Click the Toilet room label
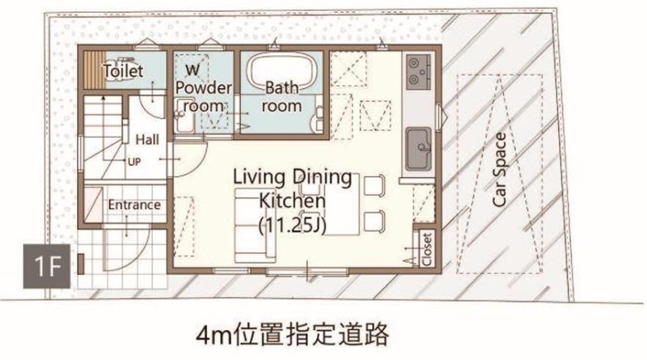point(123,71)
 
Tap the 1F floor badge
point(47,266)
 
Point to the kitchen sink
point(418,149)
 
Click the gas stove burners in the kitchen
point(418,72)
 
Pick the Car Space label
point(499,170)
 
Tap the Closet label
point(427,249)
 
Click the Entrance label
point(134,205)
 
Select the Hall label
point(147,139)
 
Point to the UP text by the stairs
point(134,162)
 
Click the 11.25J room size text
point(292,226)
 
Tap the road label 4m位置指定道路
point(292,334)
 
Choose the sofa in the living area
point(255,226)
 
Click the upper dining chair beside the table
point(374,185)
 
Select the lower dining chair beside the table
point(374,222)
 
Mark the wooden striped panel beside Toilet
point(95,70)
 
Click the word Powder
point(204,87)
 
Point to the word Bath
point(281,87)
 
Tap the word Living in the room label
point(259,177)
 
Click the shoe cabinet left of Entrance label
point(93,205)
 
